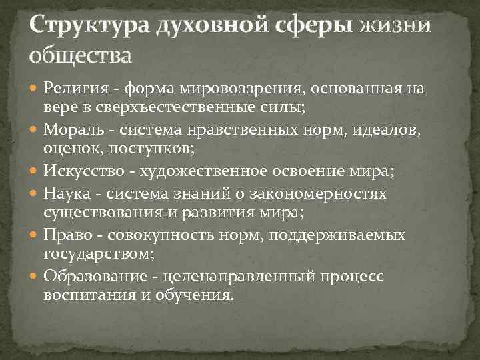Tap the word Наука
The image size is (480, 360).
67,193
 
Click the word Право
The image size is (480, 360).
67,237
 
